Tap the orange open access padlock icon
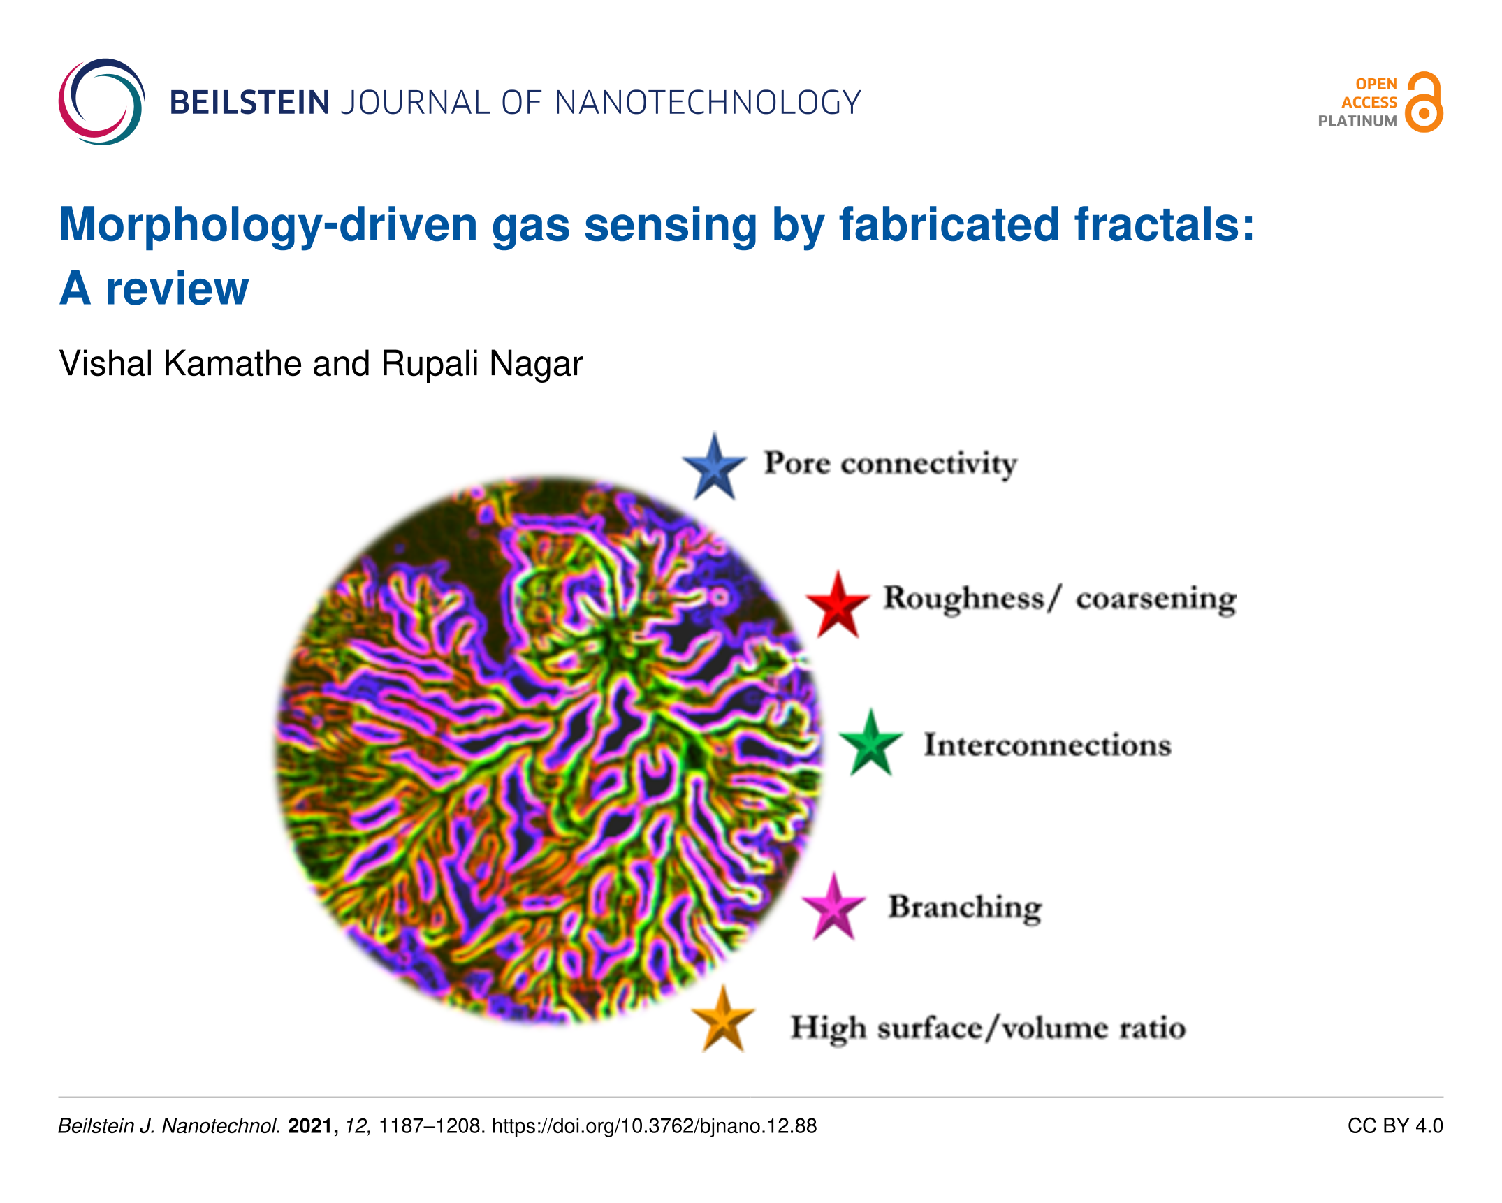coord(1424,102)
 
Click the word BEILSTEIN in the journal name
coord(249,103)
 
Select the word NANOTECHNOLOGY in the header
coord(708,103)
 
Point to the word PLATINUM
coord(1357,121)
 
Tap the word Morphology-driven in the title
coord(268,226)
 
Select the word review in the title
coord(177,289)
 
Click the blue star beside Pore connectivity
coord(714,467)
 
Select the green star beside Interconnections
coord(870,743)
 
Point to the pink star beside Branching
coord(833,907)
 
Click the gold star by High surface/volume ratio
coord(723,1020)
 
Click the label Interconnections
coord(1048,745)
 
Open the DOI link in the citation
coord(654,1126)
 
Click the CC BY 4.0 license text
coord(1395,1126)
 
